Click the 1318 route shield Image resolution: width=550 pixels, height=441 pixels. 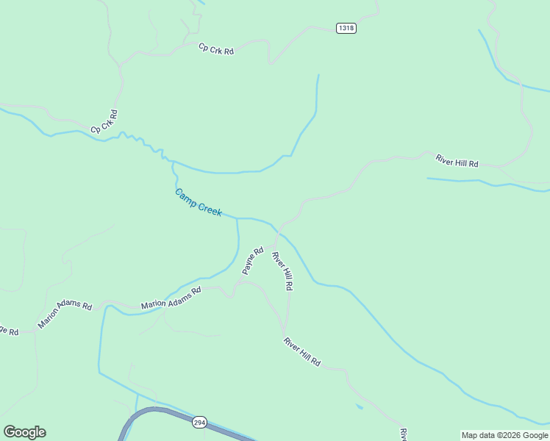[x=346, y=28]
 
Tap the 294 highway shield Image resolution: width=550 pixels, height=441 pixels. [x=199, y=423]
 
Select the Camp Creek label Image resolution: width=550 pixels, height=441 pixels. [x=199, y=202]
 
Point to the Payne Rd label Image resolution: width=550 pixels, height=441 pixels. [x=253, y=261]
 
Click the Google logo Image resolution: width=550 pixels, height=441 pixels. [x=24, y=432]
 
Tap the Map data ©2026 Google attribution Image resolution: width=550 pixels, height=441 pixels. [x=505, y=435]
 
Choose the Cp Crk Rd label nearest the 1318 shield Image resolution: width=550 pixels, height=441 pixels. [x=216, y=49]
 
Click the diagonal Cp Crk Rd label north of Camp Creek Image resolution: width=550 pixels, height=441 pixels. [x=104, y=122]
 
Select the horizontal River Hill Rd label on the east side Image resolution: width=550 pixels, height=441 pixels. [x=457, y=160]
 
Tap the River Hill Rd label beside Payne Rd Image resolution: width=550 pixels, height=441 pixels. [x=283, y=271]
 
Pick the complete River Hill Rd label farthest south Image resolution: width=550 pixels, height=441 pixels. [x=302, y=352]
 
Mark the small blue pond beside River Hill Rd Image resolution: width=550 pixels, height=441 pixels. [x=358, y=406]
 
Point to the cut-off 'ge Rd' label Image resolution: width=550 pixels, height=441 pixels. [x=9, y=330]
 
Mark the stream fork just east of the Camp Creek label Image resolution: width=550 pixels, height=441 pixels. [x=238, y=218]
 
